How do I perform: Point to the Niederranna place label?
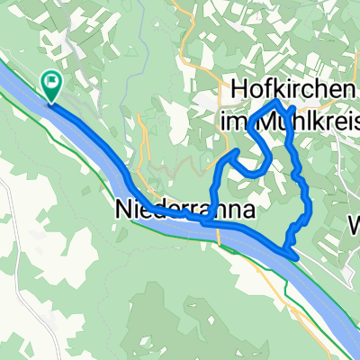point(184,209)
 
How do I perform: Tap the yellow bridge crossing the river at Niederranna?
point(219,233)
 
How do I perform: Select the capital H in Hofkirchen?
point(240,89)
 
